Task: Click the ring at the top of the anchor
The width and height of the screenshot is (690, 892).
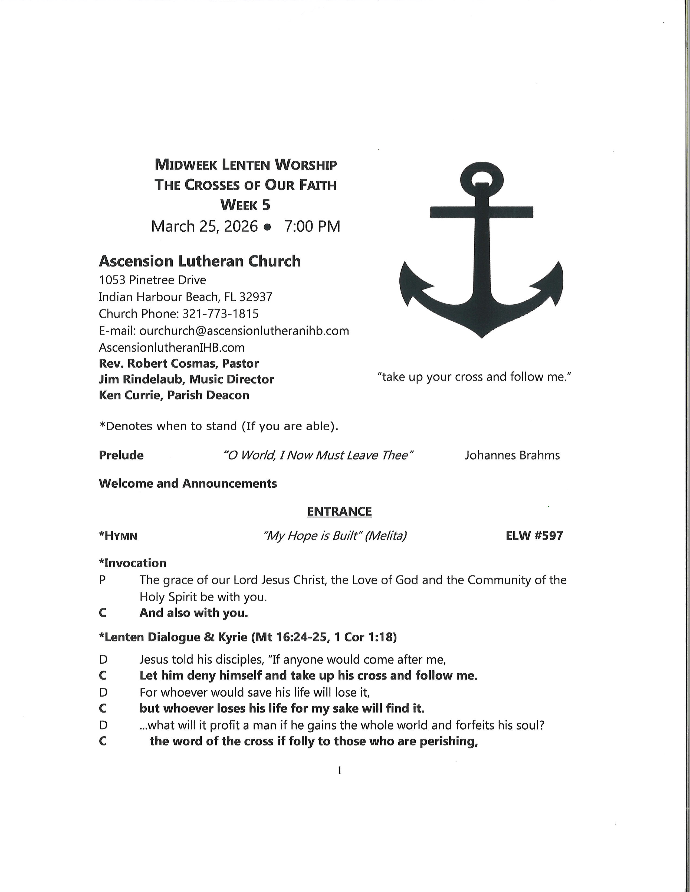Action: click(482, 179)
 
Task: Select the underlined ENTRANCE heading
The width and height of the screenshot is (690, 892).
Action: click(339, 511)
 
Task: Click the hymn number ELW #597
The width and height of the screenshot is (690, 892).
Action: click(534, 535)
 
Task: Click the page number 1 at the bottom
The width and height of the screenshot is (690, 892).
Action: click(339, 770)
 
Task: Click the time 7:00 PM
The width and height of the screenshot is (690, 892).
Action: click(312, 226)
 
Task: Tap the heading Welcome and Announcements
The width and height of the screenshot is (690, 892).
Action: click(188, 484)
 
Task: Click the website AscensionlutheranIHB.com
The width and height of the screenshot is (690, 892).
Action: click(172, 348)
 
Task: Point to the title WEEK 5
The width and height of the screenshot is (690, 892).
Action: click(245, 205)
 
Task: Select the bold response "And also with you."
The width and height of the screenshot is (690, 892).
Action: click(194, 613)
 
